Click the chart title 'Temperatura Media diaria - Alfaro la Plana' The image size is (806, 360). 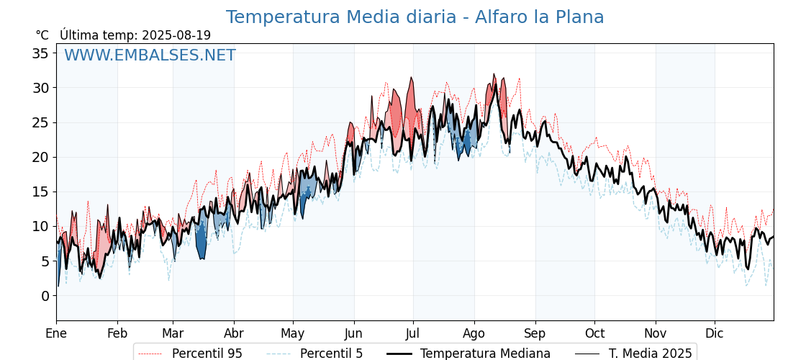point(415,17)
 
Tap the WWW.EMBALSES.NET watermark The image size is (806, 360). point(150,55)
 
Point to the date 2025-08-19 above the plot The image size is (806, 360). point(176,35)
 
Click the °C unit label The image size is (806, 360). point(42,35)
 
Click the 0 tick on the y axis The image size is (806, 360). point(45,296)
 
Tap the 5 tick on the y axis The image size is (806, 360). point(45,261)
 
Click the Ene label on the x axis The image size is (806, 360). point(57,334)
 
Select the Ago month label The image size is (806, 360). point(474,334)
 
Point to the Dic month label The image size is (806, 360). point(715,334)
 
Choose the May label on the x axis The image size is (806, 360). point(293,334)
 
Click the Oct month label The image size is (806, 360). point(594,334)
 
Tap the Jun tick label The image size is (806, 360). point(353,334)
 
